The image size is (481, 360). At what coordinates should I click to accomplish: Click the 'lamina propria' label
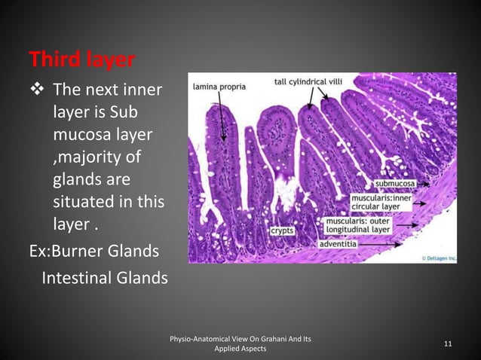pyautogui.click(x=219, y=87)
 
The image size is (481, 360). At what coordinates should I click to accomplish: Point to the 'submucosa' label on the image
pyautogui.click(x=398, y=183)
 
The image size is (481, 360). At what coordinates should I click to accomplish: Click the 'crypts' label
pyautogui.click(x=282, y=230)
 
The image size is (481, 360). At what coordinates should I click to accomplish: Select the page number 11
pyautogui.click(x=448, y=344)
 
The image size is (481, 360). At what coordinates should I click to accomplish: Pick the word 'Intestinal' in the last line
pyautogui.click(x=77, y=278)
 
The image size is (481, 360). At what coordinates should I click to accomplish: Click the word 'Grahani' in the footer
pyautogui.click(x=270, y=340)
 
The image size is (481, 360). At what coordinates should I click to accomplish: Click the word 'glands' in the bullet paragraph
pyautogui.click(x=77, y=180)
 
